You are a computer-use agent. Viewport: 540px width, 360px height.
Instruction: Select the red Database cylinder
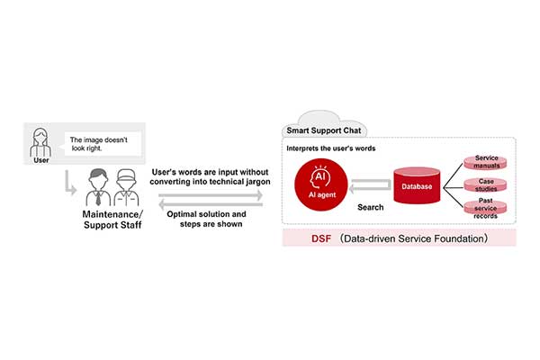[x=415, y=187]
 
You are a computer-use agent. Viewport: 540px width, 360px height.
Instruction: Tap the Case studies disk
[x=486, y=186]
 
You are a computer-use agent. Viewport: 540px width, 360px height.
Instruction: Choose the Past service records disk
[x=486, y=210]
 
